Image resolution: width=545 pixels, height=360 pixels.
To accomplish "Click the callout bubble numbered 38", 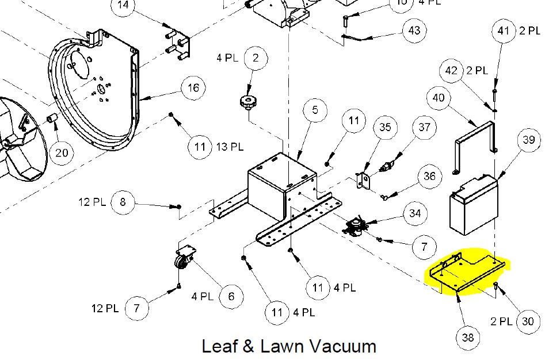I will (x=468, y=337).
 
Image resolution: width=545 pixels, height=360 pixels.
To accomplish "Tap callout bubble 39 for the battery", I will (x=529, y=140).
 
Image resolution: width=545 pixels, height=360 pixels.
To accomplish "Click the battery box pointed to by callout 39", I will (x=473, y=205).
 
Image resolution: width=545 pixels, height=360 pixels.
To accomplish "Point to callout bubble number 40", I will (x=439, y=98).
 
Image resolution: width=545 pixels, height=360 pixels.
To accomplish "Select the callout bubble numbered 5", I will (x=315, y=110).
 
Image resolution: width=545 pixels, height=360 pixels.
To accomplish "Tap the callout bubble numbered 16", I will (x=193, y=88).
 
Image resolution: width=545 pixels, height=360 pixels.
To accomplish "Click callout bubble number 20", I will (x=62, y=152).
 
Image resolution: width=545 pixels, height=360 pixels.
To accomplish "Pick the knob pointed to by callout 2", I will (x=247, y=104).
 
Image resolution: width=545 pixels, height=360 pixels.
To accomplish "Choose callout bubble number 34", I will (x=415, y=213).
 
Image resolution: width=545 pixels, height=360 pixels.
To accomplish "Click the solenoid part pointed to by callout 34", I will (x=356, y=227).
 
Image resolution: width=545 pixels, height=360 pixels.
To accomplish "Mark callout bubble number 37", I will (x=424, y=127).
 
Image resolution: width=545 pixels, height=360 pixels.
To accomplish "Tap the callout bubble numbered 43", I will (x=414, y=30).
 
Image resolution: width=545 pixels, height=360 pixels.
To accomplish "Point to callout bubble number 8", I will (x=123, y=202).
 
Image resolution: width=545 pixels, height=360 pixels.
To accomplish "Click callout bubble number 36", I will (x=429, y=177).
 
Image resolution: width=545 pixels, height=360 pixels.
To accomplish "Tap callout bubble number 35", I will (x=384, y=127).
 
